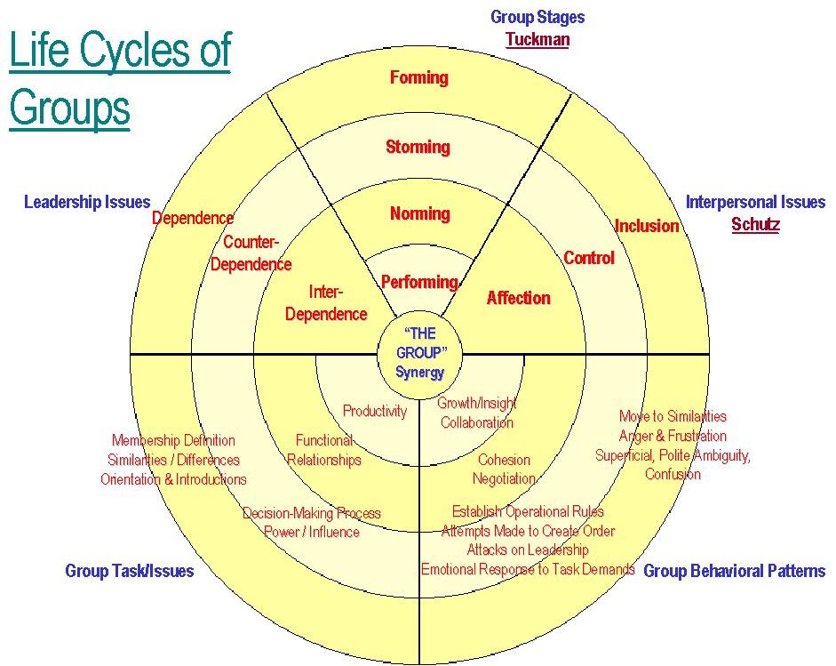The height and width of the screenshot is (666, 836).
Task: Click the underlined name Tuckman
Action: pyautogui.click(x=537, y=39)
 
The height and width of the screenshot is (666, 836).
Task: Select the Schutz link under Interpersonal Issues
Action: pyautogui.click(x=755, y=224)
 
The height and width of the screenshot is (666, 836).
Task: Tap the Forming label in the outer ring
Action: pyautogui.click(x=418, y=77)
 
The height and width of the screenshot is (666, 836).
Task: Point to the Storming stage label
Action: pyautogui.click(x=418, y=147)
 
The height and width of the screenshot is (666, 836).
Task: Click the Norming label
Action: pyautogui.click(x=419, y=213)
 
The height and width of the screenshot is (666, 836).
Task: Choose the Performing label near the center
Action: pyautogui.click(x=418, y=282)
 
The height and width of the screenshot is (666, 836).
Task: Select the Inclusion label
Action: pyautogui.click(x=647, y=226)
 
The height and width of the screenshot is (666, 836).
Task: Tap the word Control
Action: pyautogui.click(x=588, y=258)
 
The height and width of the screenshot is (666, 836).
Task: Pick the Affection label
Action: pyautogui.click(x=518, y=298)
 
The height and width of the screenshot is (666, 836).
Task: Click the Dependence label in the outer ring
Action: pyautogui.click(x=193, y=218)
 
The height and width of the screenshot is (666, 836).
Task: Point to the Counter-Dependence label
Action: pyautogui.click(x=251, y=253)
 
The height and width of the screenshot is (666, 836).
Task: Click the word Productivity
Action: pyautogui.click(x=375, y=411)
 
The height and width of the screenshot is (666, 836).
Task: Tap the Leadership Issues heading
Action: pyautogui.click(x=87, y=202)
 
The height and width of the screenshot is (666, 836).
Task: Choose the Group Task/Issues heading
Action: pyautogui.click(x=129, y=571)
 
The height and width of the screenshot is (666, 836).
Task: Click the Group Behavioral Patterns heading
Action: pyautogui.click(x=734, y=571)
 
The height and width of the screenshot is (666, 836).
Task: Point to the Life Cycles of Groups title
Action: pyautogui.click(x=119, y=80)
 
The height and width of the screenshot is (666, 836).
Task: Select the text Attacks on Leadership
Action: pyautogui.click(x=528, y=550)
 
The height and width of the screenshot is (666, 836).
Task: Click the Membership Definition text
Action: pyautogui.click(x=173, y=440)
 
